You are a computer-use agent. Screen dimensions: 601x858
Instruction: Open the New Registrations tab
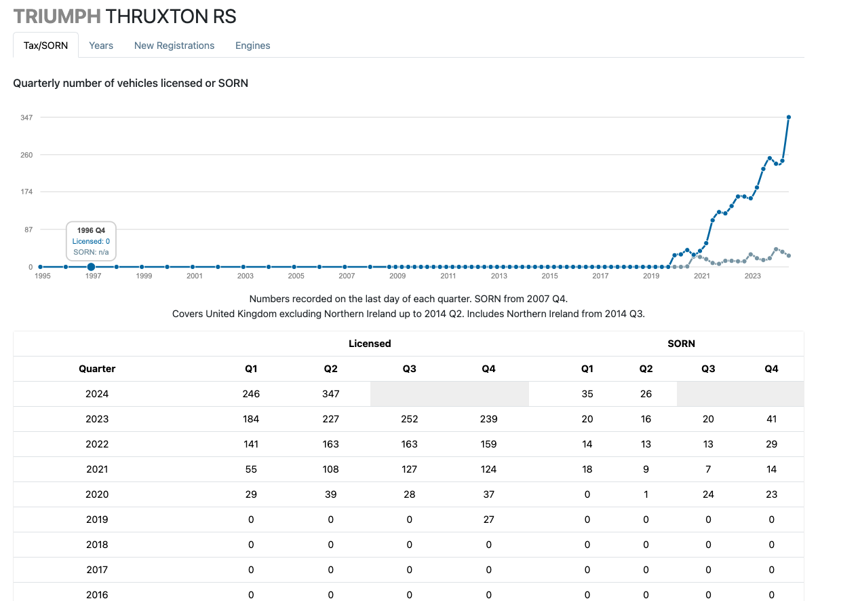click(174, 45)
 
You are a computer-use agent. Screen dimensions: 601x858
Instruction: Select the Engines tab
click(252, 45)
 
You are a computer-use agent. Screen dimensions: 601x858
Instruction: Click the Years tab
click(101, 45)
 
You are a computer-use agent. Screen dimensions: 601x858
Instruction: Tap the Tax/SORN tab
click(45, 45)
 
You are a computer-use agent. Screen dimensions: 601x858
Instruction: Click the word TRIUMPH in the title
click(57, 16)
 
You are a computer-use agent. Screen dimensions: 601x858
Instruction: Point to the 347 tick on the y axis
click(26, 117)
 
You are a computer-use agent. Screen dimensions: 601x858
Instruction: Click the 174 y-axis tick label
click(26, 192)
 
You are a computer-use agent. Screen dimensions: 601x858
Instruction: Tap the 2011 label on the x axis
click(448, 276)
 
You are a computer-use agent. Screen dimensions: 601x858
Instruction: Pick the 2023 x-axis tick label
click(752, 276)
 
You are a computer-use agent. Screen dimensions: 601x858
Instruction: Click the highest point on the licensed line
click(788, 117)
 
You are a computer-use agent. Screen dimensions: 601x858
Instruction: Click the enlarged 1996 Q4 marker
click(91, 267)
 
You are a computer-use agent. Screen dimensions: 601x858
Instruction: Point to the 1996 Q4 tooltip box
click(91, 241)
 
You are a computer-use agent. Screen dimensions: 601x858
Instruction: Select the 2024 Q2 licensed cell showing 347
click(331, 394)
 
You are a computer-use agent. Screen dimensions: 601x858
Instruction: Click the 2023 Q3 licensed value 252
click(410, 419)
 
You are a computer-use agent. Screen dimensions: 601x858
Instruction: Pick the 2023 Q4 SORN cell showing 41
click(771, 419)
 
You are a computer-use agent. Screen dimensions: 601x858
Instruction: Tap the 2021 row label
click(97, 469)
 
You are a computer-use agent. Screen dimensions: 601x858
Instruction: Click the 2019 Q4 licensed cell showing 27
click(488, 520)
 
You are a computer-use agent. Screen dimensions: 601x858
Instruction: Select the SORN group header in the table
click(681, 344)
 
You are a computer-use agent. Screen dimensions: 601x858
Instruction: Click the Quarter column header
click(97, 369)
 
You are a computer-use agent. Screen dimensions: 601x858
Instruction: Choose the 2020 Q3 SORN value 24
click(708, 494)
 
